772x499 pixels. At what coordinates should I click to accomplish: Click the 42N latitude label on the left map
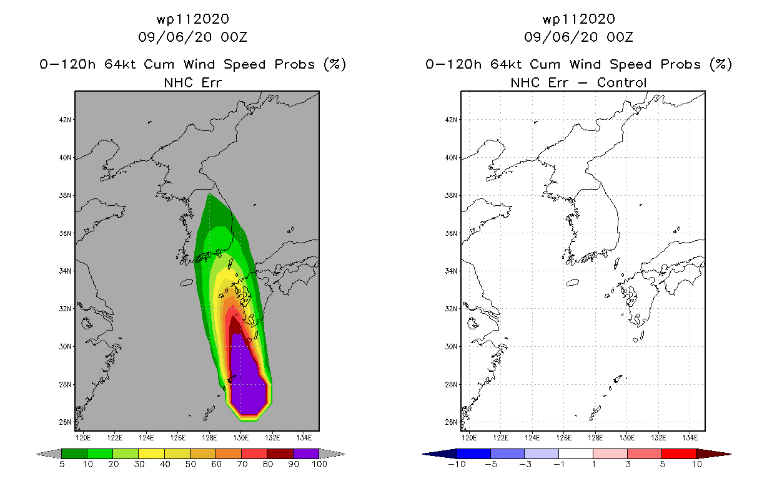(x=65, y=120)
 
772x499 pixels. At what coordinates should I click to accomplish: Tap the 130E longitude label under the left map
(x=241, y=438)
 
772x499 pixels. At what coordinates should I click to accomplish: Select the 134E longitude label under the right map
(x=690, y=438)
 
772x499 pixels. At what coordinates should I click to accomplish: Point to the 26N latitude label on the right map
(x=451, y=422)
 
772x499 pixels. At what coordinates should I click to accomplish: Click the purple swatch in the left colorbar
(x=306, y=453)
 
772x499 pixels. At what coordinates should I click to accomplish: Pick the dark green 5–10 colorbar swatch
(x=74, y=453)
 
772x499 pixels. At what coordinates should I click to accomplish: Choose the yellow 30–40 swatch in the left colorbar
(x=151, y=453)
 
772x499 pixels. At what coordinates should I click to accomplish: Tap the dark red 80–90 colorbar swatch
(x=280, y=453)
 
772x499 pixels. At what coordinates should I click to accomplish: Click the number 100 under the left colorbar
(x=319, y=464)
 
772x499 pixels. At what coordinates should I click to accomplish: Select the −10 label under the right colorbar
(x=457, y=464)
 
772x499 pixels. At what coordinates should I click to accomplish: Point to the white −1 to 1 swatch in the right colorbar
(x=576, y=453)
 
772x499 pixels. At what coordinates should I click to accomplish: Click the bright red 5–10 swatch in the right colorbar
(x=679, y=453)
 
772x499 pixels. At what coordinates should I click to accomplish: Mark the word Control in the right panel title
(x=621, y=83)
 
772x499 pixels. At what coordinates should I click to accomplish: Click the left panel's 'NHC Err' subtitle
(x=193, y=83)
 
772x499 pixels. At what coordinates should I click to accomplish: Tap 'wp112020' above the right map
(x=579, y=19)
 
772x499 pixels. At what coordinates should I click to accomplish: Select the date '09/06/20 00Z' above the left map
(x=193, y=37)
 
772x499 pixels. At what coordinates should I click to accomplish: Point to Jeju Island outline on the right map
(x=573, y=283)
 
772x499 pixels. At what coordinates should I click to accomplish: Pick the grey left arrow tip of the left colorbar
(x=37, y=454)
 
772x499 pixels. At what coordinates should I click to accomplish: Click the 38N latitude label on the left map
(x=65, y=195)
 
